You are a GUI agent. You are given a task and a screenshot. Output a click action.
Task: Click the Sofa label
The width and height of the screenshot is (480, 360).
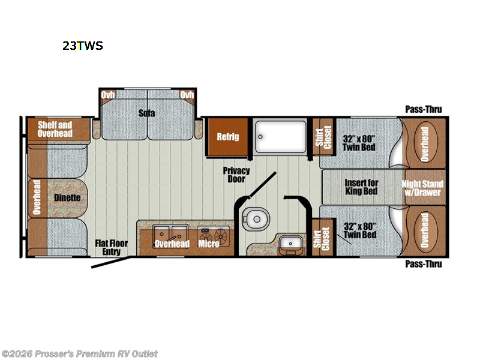(x=143, y=112)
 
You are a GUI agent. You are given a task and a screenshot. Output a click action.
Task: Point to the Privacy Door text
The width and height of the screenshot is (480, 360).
(x=236, y=175)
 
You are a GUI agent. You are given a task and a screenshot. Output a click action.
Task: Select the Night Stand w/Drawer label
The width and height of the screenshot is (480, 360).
(x=423, y=188)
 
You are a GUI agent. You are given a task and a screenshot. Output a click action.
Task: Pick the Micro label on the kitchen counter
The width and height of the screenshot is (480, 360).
(x=209, y=244)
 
